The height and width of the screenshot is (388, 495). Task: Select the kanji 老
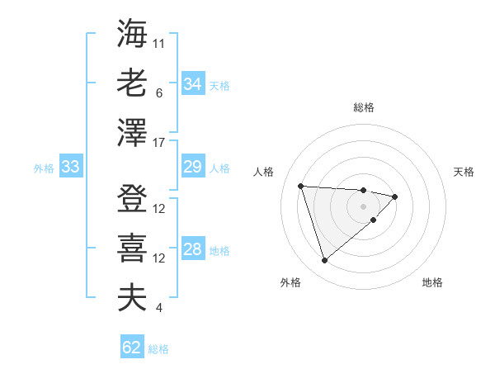click(132, 83)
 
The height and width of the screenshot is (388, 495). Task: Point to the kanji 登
click(132, 198)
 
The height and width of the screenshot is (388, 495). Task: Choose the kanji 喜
click(132, 248)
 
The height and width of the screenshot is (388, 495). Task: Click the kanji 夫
click(132, 298)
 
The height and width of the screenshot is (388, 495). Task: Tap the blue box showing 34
click(193, 84)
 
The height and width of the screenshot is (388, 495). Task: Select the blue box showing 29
click(193, 168)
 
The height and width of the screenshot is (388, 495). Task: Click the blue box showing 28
click(193, 250)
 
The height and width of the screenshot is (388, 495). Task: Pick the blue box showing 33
click(70, 168)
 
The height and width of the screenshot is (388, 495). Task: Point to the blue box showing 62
click(132, 348)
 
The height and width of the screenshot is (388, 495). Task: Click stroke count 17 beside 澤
click(159, 143)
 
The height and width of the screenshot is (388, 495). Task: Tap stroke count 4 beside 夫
click(158, 308)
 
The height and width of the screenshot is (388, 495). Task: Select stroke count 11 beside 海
click(159, 43)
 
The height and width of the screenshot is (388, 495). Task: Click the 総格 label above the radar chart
click(364, 107)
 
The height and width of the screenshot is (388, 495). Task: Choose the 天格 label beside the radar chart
click(464, 172)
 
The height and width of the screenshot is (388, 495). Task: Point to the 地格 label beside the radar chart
click(432, 282)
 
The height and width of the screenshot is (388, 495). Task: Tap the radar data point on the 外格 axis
click(324, 261)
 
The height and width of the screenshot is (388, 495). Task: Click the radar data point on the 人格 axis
click(300, 185)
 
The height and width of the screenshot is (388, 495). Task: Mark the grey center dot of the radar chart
click(364, 206)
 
